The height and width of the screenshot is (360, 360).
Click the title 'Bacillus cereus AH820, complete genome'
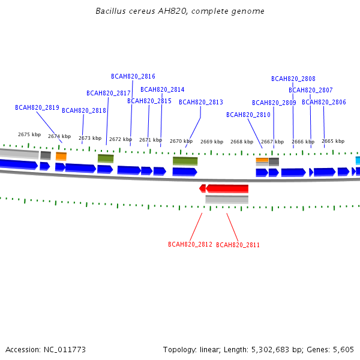[x=180, y=11]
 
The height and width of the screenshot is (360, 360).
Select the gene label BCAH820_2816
[x=133, y=76]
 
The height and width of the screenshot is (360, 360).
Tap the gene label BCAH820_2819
[x=37, y=107]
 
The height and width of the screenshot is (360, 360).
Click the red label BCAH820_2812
[x=190, y=244]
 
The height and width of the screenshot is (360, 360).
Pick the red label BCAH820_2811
[x=238, y=245]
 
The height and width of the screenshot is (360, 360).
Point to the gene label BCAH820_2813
[x=201, y=102]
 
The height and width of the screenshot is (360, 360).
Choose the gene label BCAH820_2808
[x=293, y=79]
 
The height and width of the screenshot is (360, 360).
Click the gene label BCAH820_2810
[x=248, y=115]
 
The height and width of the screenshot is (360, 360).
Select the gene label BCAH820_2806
[x=324, y=102]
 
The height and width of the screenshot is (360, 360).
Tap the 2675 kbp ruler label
[x=29, y=134]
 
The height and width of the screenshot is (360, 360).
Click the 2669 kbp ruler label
[x=212, y=142]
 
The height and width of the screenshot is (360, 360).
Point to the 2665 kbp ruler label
[x=333, y=141]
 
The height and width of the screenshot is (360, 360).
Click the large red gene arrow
[x=227, y=188]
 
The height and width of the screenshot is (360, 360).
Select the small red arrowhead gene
[x=202, y=188]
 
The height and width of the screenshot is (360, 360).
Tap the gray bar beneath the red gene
[x=227, y=199]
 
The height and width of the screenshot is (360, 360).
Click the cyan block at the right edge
[x=358, y=160]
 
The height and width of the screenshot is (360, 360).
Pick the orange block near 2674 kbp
[x=61, y=157]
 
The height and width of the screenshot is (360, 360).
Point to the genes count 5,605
[x=343, y=350]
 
